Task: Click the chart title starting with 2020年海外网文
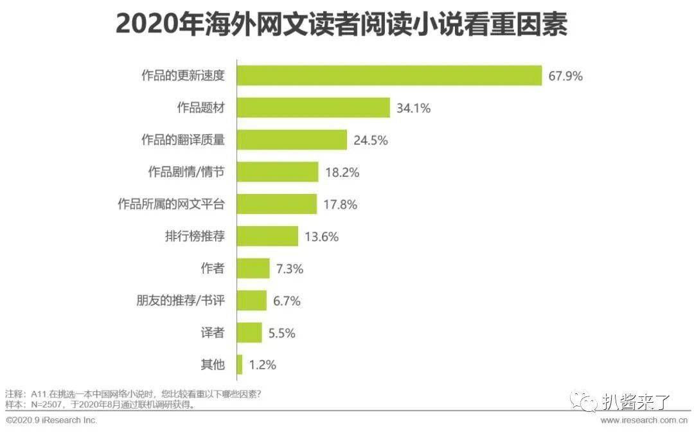pyautogui.click(x=341, y=25)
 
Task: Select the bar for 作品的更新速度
pyautogui.click(x=389, y=76)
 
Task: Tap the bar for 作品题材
pyautogui.click(x=314, y=108)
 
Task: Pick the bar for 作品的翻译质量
pyautogui.click(x=292, y=140)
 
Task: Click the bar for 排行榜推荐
pyautogui.click(x=267, y=236)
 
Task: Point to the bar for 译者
pyautogui.click(x=249, y=332)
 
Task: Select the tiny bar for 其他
pyautogui.click(x=240, y=365)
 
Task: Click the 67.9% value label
pyautogui.click(x=565, y=76)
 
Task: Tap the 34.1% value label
pyautogui.click(x=413, y=109)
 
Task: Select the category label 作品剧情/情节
pyautogui.click(x=186, y=172)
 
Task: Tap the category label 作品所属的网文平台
pyautogui.click(x=171, y=204)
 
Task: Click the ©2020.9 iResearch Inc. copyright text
pyautogui.click(x=51, y=420)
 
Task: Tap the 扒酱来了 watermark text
pyautogui.click(x=636, y=402)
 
